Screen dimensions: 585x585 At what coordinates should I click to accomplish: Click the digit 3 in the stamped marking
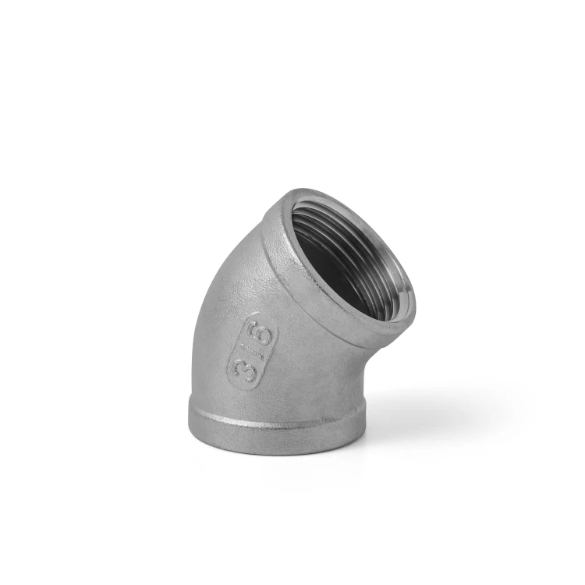243,369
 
